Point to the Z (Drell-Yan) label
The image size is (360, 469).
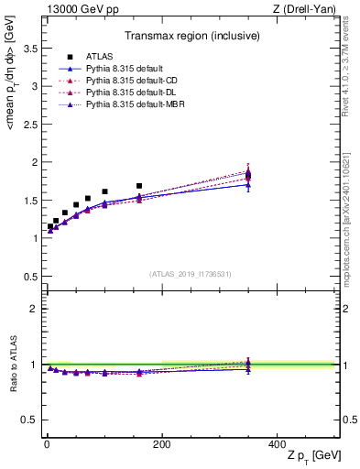coord(308,10)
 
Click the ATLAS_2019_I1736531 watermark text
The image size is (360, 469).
coord(190,274)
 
